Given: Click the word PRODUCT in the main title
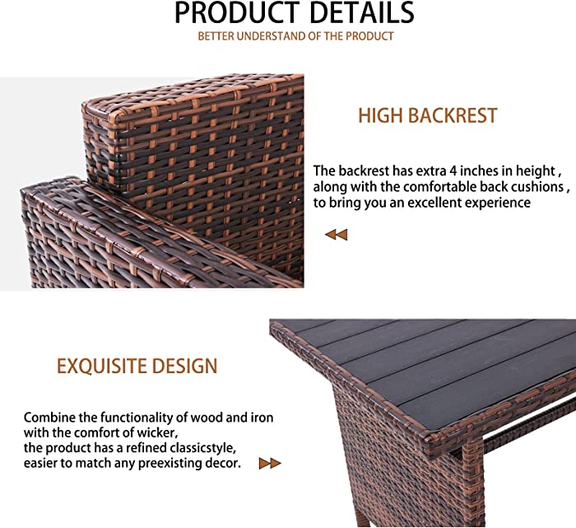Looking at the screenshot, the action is pos(237,13).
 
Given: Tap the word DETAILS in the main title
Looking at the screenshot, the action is pos(362,13).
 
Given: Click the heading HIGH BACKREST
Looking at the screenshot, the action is pos(428,115).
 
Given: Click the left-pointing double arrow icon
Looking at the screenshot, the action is pos(336,235).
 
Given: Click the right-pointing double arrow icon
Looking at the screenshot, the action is pos(270,463).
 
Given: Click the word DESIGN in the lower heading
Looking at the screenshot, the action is pos(185,366).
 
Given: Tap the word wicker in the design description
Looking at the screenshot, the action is pos(158,432).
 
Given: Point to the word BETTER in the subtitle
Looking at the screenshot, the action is pos(216,36).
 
